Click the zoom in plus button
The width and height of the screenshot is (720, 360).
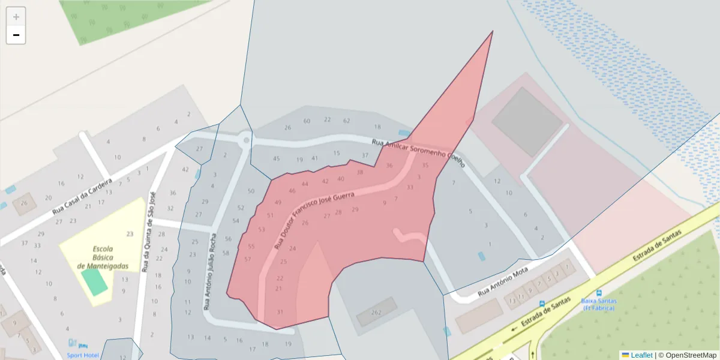[16, 17]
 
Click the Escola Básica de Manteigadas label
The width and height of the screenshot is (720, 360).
[102, 257]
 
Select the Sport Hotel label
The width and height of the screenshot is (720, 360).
[83, 355]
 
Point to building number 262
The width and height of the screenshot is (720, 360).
[376, 312]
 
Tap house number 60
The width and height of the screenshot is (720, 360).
[307, 121]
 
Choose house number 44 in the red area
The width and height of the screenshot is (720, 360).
[305, 184]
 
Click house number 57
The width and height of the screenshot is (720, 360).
[248, 259]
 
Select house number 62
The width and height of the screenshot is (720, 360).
[346, 121]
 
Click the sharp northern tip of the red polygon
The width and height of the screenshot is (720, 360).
[493, 32]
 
